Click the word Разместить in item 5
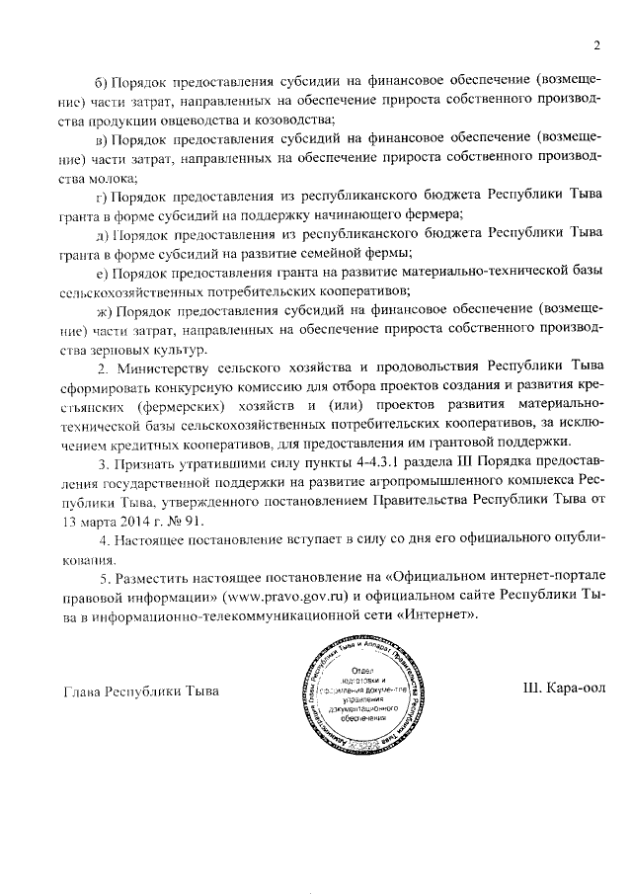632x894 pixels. [x=157, y=578]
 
